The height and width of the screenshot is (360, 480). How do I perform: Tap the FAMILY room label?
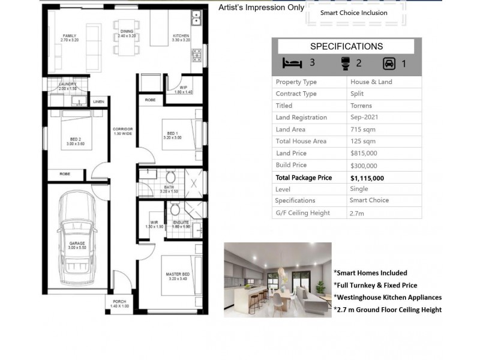click(69, 38)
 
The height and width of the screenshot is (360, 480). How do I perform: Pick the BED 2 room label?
click(71, 142)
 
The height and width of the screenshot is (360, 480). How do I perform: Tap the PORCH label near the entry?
click(118, 304)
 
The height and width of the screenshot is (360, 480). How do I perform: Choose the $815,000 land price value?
click(364, 153)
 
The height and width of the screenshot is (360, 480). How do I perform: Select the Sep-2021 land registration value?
click(364, 118)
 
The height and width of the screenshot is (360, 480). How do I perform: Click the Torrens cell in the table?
click(361, 106)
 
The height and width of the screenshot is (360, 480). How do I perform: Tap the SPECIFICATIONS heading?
click(346, 46)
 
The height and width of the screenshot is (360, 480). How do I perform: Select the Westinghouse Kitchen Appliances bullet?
click(388, 297)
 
